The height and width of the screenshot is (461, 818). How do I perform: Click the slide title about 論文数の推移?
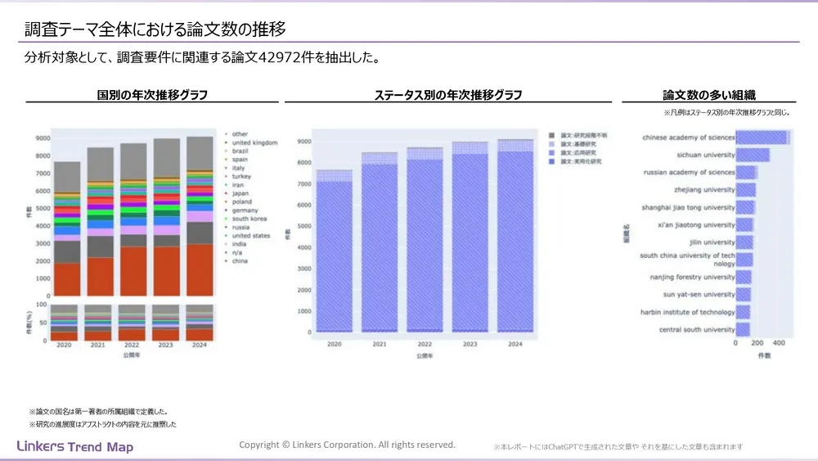(x=155, y=30)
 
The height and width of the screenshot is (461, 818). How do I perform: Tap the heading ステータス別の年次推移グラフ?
(x=447, y=95)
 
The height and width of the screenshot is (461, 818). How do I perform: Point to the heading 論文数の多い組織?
(x=708, y=95)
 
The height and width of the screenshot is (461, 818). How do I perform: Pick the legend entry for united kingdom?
(x=254, y=142)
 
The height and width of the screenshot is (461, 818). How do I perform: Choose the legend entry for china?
(x=240, y=261)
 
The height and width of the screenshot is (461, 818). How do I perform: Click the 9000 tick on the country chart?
(x=43, y=138)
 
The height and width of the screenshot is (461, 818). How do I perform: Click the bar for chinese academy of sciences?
(x=762, y=137)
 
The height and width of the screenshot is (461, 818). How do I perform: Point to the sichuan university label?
(x=706, y=155)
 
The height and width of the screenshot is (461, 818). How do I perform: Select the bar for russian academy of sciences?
(x=746, y=172)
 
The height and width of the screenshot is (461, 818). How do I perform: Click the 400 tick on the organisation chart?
(x=778, y=343)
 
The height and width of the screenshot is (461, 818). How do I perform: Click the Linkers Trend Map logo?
(x=74, y=447)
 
